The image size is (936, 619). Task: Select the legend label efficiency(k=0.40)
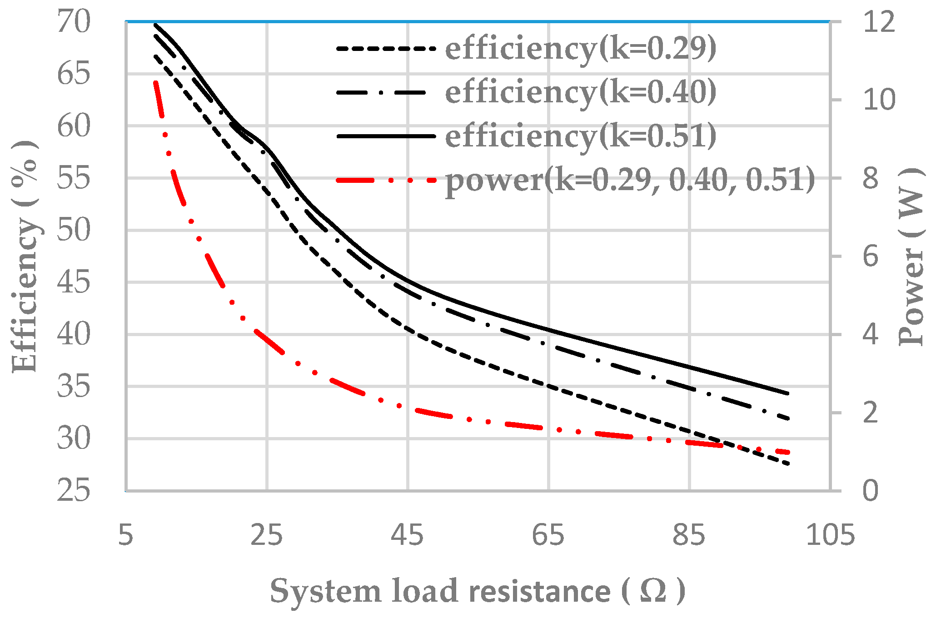tap(580, 92)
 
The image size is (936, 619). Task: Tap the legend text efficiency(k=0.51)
tap(580, 136)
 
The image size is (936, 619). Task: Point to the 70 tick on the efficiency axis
tap(74, 21)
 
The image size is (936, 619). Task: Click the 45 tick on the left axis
tap(74, 282)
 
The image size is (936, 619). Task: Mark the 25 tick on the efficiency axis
tap(74, 491)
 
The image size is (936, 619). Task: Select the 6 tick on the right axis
tap(870, 257)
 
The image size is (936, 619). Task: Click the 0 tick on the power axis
tap(870, 491)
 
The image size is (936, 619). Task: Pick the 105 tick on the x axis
tap(830, 535)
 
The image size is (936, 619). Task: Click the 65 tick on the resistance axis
tap(548, 535)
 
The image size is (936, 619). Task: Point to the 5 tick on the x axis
tap(126, 535)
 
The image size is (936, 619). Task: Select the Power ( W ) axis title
tap(911, 257)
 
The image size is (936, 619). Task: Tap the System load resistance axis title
tap(477, 592)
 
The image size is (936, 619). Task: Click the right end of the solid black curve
tap(789, 393)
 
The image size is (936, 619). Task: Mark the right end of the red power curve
tap(790, 453)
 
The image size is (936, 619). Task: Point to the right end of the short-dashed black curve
tap(790, 464)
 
